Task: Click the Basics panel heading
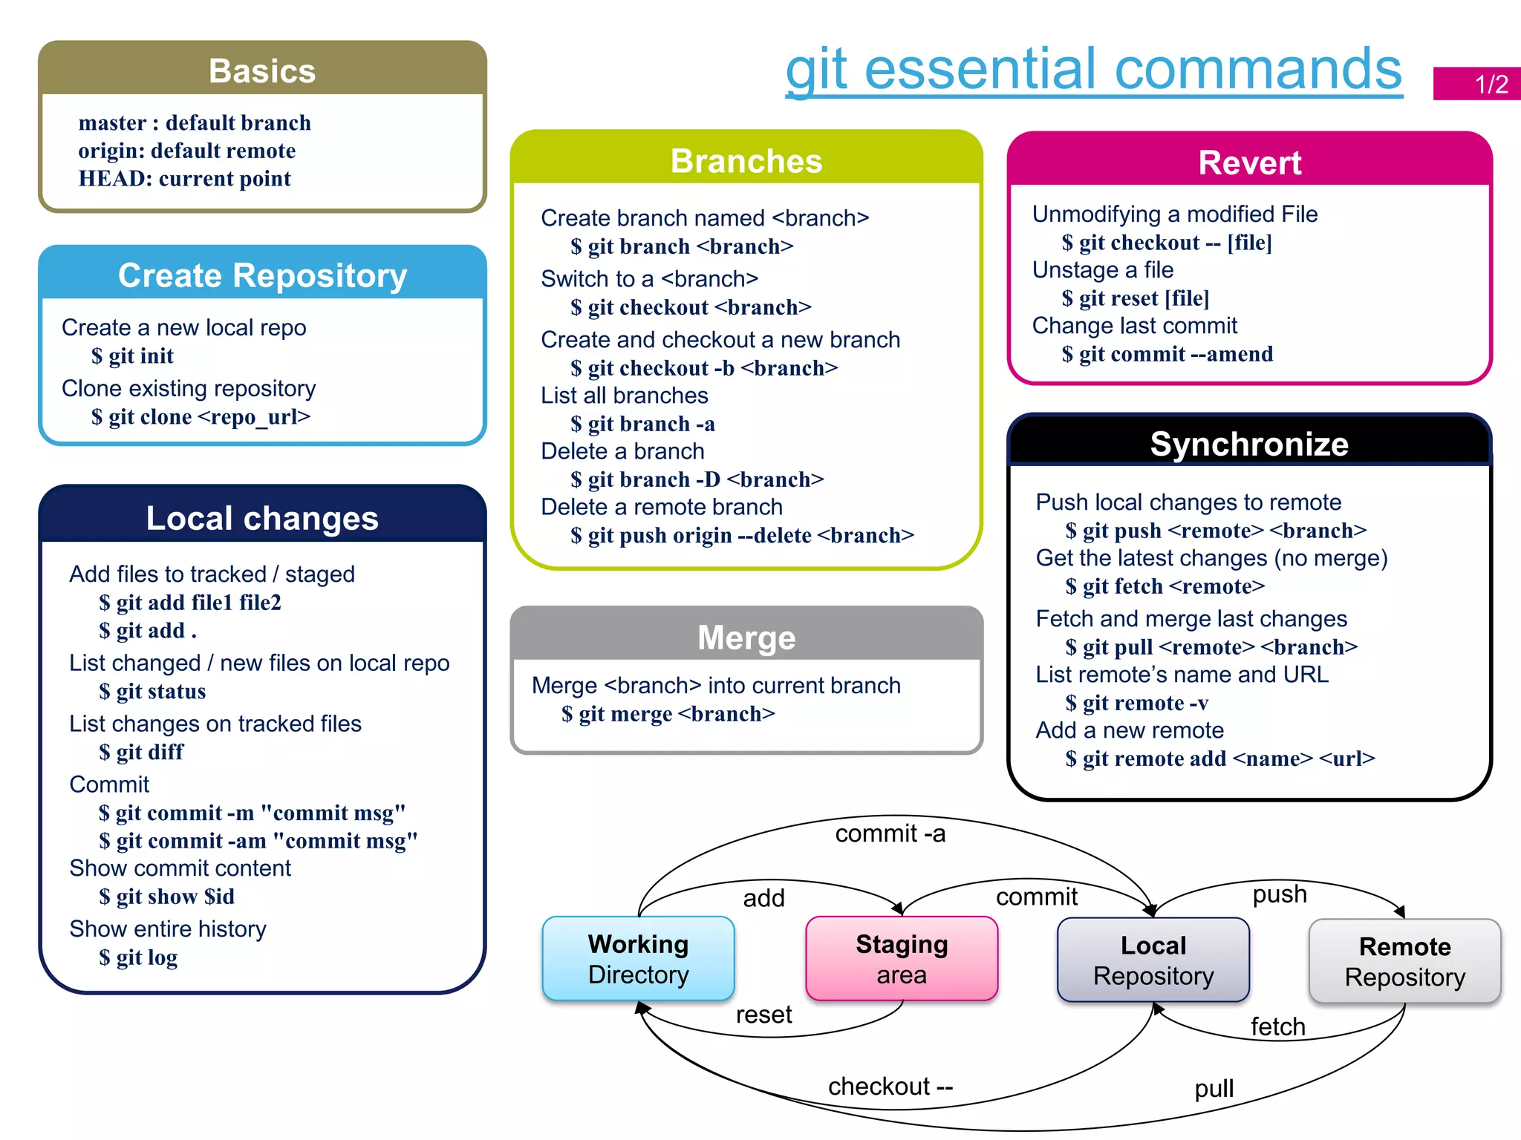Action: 262,71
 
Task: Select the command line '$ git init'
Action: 132,356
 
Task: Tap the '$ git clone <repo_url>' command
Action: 201,417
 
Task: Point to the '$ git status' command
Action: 152,692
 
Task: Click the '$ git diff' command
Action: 141,753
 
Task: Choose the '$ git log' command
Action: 138,958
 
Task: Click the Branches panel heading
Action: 746,161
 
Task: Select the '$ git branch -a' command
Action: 642,425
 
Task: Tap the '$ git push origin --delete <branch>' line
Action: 742,536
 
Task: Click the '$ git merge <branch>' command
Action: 668,714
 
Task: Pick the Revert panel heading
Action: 1250,163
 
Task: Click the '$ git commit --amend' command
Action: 1167,355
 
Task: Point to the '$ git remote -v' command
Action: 1136,703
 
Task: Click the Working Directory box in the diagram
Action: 639,959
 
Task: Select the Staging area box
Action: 902,959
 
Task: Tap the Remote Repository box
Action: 1404,962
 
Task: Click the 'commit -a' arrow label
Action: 890,834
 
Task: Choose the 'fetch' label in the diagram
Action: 1277,1027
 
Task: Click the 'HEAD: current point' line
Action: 185,179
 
